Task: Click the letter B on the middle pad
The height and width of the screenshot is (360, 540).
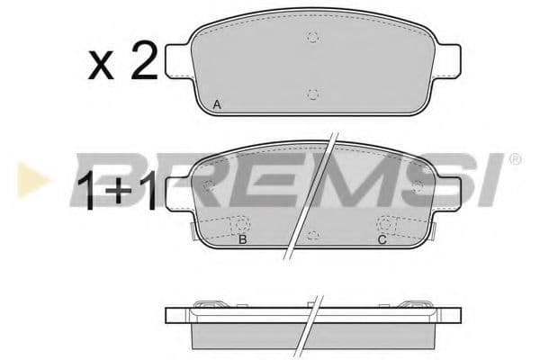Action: (242, 239)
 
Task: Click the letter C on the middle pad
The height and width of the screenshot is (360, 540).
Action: (382, 239)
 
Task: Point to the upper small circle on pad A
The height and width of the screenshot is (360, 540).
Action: (312, 38)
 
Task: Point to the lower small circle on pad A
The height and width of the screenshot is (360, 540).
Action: (312, 94)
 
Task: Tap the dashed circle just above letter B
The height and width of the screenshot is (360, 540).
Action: (242, 224)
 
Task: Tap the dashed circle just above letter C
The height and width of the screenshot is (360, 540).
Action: (384, 224)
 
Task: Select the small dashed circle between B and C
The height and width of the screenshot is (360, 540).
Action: (311, 235)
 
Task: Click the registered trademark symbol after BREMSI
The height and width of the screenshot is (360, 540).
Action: (514, 159)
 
